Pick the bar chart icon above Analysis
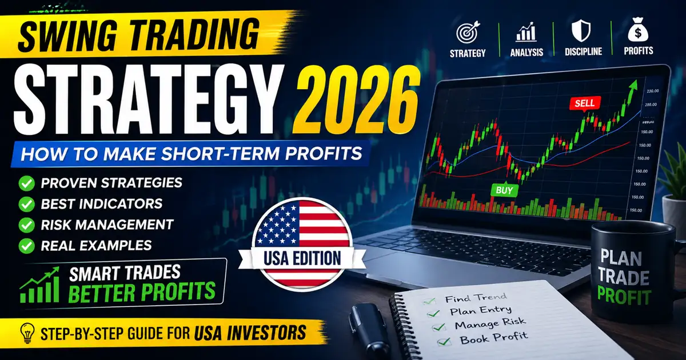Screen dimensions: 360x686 tap(525, 33)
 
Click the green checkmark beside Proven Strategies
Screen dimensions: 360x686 tap(26, 183)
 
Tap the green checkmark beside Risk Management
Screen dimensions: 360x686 tap(26, 224)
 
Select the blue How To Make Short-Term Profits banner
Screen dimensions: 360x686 tap(189, 154)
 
